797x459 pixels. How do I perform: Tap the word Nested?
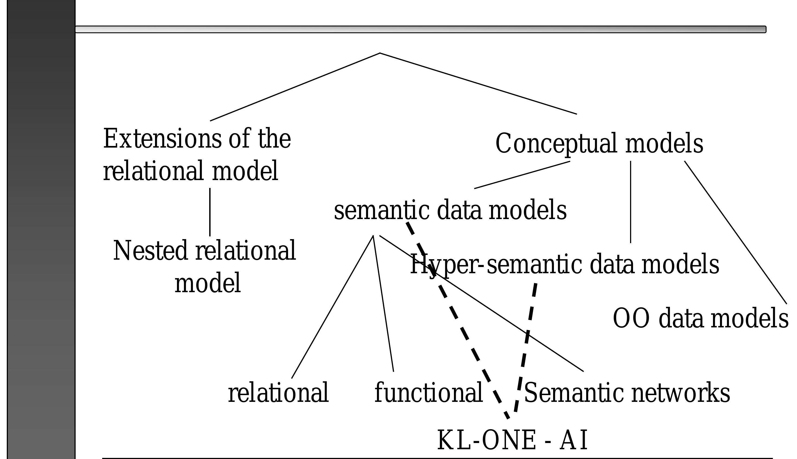coord(150,251)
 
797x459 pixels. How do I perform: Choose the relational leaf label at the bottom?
coord(278,393)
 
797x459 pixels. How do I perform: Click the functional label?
coord(428,393)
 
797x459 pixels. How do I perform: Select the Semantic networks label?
coord(627,393)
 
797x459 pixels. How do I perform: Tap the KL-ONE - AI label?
coord(512,440)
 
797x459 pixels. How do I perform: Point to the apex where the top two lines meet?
coord(380,53)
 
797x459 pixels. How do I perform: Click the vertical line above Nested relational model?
coord(210,212)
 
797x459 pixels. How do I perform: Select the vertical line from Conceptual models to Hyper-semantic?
coord(630,202)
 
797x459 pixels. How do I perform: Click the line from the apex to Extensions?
coord(295,87)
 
